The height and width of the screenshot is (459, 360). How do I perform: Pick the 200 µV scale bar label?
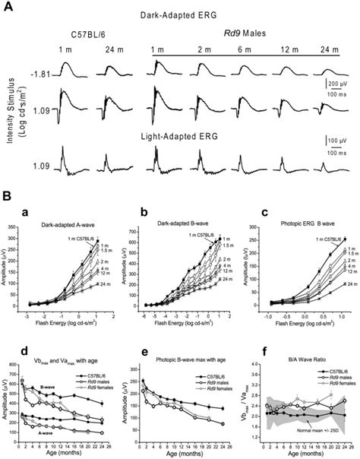pyautogui.click(x=341, y=82)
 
